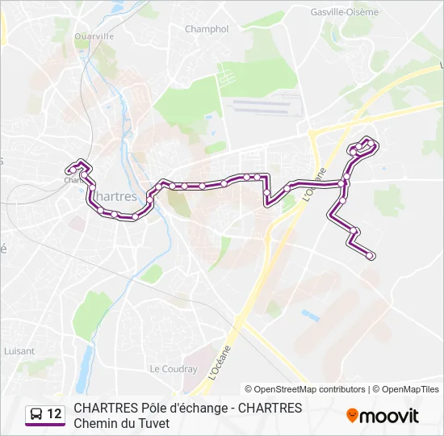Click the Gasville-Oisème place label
pyautogui.click(x=344, y=12)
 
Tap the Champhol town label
pyautogui.click(x=207, y=29)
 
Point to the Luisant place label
pyautogui.click(x=19, y=351)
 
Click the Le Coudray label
pyautogui.click(x=174, y=369)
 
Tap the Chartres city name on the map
pyautogui.click(x=116, y=197)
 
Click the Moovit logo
pyautogui.click(x=383, y=416)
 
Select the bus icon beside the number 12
pyautogui.click(x=36, y=415)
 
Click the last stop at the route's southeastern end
pyautogui.click(x=371, y=256)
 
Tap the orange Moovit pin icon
pyautogui.click(x=352, y=416)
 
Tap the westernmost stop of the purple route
pyautogui.click(x=69, y=170)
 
